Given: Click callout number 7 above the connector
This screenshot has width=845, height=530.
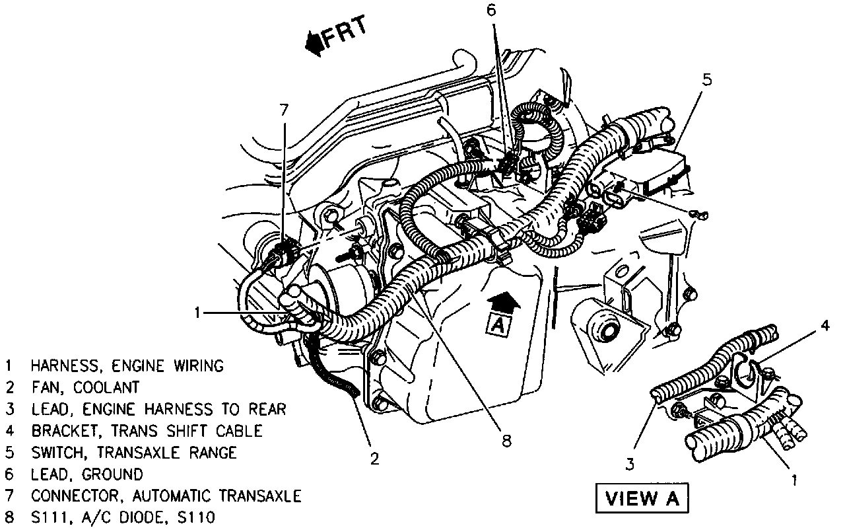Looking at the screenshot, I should tap(284, 110).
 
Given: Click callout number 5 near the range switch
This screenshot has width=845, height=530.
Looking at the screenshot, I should tap(707, 81).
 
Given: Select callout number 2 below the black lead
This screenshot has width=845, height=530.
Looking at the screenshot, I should tap(374, 458).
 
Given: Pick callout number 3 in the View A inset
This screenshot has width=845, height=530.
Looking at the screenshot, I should tap(630, 465).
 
